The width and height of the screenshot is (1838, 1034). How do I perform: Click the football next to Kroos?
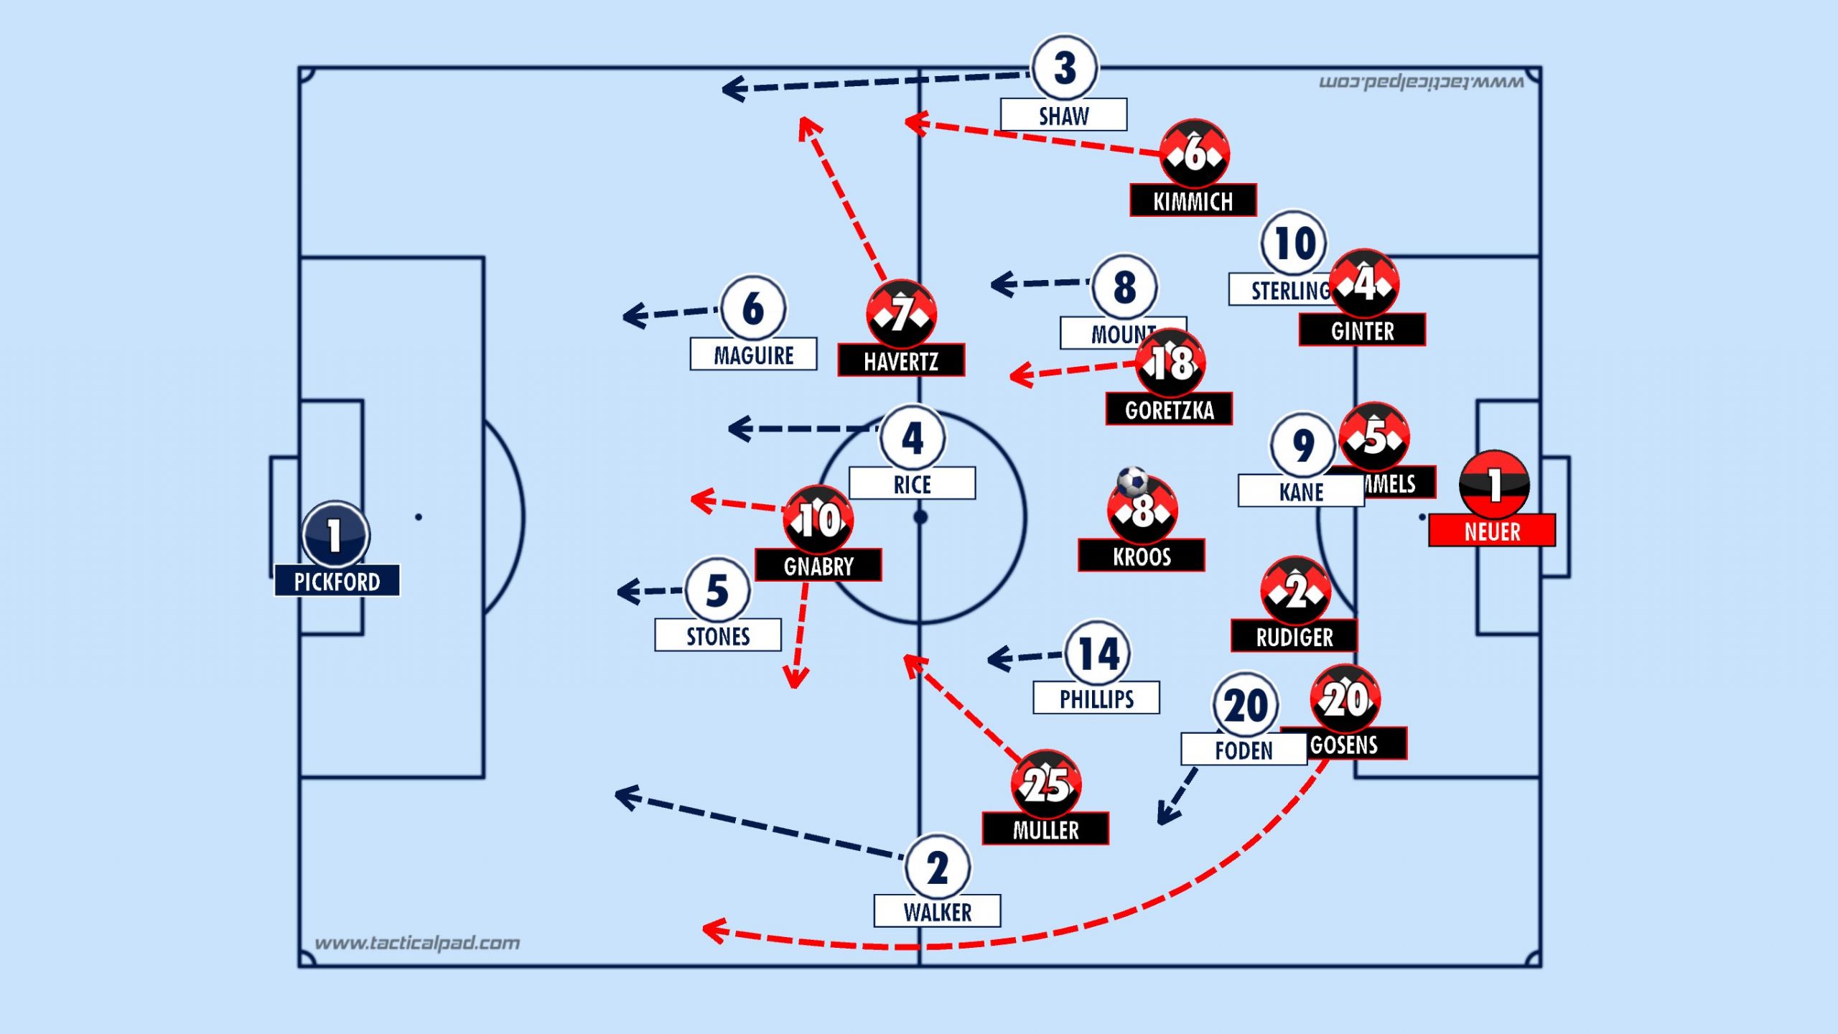pos(1132,481)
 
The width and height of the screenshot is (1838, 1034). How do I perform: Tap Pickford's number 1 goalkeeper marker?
pos(335,535)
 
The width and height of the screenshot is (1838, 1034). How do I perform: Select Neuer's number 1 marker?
pos(1494,485)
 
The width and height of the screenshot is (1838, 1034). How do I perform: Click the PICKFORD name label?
pos(337,581)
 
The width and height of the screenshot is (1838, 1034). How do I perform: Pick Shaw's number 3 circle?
pos(1065,68)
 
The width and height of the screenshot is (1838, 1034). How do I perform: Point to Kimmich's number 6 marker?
pos(1195,154)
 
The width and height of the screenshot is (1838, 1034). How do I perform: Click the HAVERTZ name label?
pos(901,360)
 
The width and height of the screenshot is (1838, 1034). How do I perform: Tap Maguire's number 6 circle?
pos(753,308)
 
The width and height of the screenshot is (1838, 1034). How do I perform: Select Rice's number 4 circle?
pos(913,437)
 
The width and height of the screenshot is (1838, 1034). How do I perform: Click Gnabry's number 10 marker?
pos(818,519)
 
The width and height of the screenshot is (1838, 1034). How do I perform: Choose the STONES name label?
pos(718,635)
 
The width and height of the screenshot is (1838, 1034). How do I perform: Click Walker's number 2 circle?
pos(938,867)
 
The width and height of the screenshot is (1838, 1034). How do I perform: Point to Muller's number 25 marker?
pos(1046,784)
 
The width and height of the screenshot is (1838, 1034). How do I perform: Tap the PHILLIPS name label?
pos(1096,698)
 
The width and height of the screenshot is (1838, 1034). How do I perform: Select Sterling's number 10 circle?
pos(1294,243)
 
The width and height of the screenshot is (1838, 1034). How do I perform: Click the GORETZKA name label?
pos(1169,409)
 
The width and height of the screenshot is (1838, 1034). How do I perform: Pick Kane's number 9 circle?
pos(1302,445)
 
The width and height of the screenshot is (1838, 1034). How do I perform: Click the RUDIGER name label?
pos(1294,636)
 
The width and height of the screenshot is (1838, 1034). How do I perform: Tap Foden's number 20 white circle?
pos(1245,704)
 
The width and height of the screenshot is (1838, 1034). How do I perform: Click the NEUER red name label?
pos(1492,531)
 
